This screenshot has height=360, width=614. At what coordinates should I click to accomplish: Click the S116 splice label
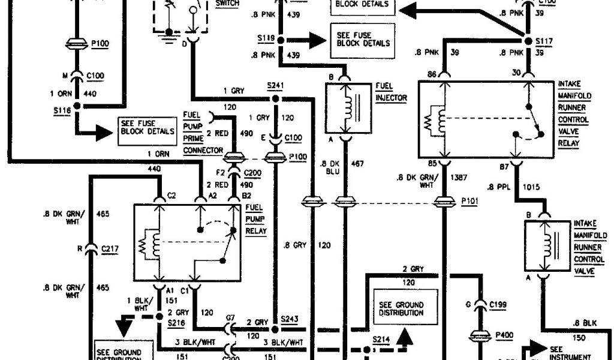[x=61, y=110]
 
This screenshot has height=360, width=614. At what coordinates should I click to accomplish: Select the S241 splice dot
[x=275, y=98]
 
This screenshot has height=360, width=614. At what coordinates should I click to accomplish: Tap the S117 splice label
[x=541, y=42]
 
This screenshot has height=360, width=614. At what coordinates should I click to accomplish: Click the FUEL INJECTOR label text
[x=391, y=92]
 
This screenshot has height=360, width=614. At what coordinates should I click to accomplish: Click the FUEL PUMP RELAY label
[x=257, y=218]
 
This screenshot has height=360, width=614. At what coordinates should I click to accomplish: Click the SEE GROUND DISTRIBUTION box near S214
[x=401, y=308]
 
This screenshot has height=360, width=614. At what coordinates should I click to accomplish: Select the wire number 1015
[x=531, y=187]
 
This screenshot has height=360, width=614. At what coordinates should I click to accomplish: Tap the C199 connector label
[x=498, y=305]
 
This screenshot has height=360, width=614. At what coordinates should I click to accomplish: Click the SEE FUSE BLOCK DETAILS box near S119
[x=363, y=39]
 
